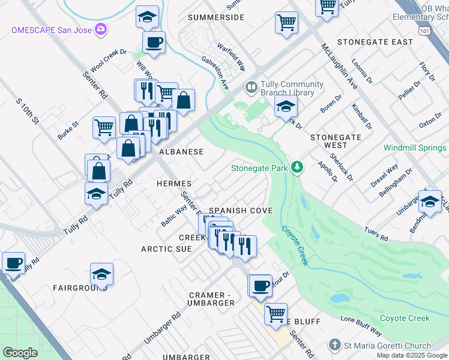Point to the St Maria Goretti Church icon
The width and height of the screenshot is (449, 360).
coord(334,346)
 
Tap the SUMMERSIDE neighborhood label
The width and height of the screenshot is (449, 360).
coord(215,17)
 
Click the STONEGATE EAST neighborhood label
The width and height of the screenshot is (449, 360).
coord(375,42)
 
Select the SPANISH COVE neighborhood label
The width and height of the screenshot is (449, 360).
coord(241,211)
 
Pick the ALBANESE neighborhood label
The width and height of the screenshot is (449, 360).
coord(181,152)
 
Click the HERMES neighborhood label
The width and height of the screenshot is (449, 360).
coord(173,183)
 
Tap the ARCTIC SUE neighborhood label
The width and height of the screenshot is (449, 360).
coord(166,248)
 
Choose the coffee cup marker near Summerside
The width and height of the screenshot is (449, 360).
coord(154,43)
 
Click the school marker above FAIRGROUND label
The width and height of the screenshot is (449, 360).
coord(102,274)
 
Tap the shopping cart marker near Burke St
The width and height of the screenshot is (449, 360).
coord(104,128)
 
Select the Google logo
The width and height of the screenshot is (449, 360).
coord(20,353)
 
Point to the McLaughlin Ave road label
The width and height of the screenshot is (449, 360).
coord(339,66)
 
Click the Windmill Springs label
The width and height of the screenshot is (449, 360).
coord(415,148)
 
